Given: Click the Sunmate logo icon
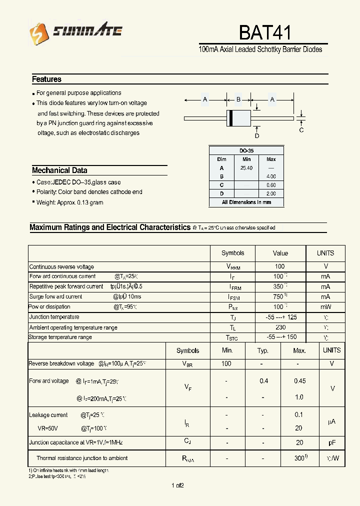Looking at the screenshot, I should click(38, 34).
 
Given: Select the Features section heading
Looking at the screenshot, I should click(46, 79).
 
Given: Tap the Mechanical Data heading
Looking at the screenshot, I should click(59, 170).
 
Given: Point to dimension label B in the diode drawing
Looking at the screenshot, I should click(238, 99).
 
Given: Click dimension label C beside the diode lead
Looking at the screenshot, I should click(301, 130).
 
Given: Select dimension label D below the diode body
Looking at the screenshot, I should click(257, 135).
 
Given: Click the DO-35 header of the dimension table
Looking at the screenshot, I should click(246, 150).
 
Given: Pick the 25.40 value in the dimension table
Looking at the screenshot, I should click(246, 168).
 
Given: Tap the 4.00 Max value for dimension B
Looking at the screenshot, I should click(271, 176).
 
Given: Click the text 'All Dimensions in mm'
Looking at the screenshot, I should click(246, 202).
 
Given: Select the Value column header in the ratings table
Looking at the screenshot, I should click(280, 253).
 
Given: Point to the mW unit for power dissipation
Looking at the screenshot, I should click(325, 306).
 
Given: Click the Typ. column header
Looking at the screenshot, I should click(263, 350).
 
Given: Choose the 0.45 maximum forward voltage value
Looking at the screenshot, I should click(299, 381).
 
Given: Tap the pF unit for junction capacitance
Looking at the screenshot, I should click(331, 442).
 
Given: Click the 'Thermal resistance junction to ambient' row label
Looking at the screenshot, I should click(81, 458).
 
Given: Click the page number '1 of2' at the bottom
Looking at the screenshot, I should click(177, 485).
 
